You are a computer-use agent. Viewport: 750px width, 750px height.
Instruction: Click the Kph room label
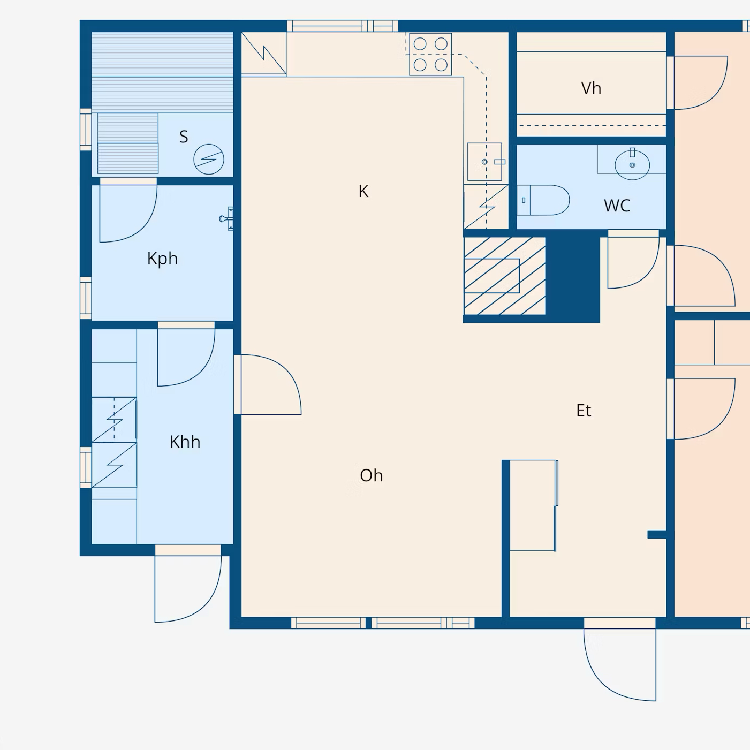(162, 259)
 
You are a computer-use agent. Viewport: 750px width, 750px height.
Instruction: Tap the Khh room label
(185, 442)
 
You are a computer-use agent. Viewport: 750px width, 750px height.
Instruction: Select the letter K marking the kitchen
(363, 192)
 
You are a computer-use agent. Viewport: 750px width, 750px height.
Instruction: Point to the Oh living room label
(372, 475)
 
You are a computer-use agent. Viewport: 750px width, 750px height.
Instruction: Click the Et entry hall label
(584, 411)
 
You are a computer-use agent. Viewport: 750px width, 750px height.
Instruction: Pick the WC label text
(617, 206)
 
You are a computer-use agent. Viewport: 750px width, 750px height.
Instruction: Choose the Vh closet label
(591, 88)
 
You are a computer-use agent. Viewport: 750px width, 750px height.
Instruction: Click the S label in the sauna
(184, 137)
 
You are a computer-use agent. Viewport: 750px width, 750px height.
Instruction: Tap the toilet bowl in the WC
(543, 200)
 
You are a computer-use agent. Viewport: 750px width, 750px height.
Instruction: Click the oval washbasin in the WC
(632, 165)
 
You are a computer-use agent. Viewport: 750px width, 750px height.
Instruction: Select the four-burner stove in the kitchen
(430, 55)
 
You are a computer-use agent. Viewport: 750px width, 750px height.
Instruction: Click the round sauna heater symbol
(209, 159)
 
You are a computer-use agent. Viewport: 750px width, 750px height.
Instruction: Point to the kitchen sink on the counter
(484, 162)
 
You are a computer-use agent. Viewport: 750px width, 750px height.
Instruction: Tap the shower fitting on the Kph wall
(227, 219)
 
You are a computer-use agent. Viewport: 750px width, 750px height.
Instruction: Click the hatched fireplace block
(504, 276)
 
